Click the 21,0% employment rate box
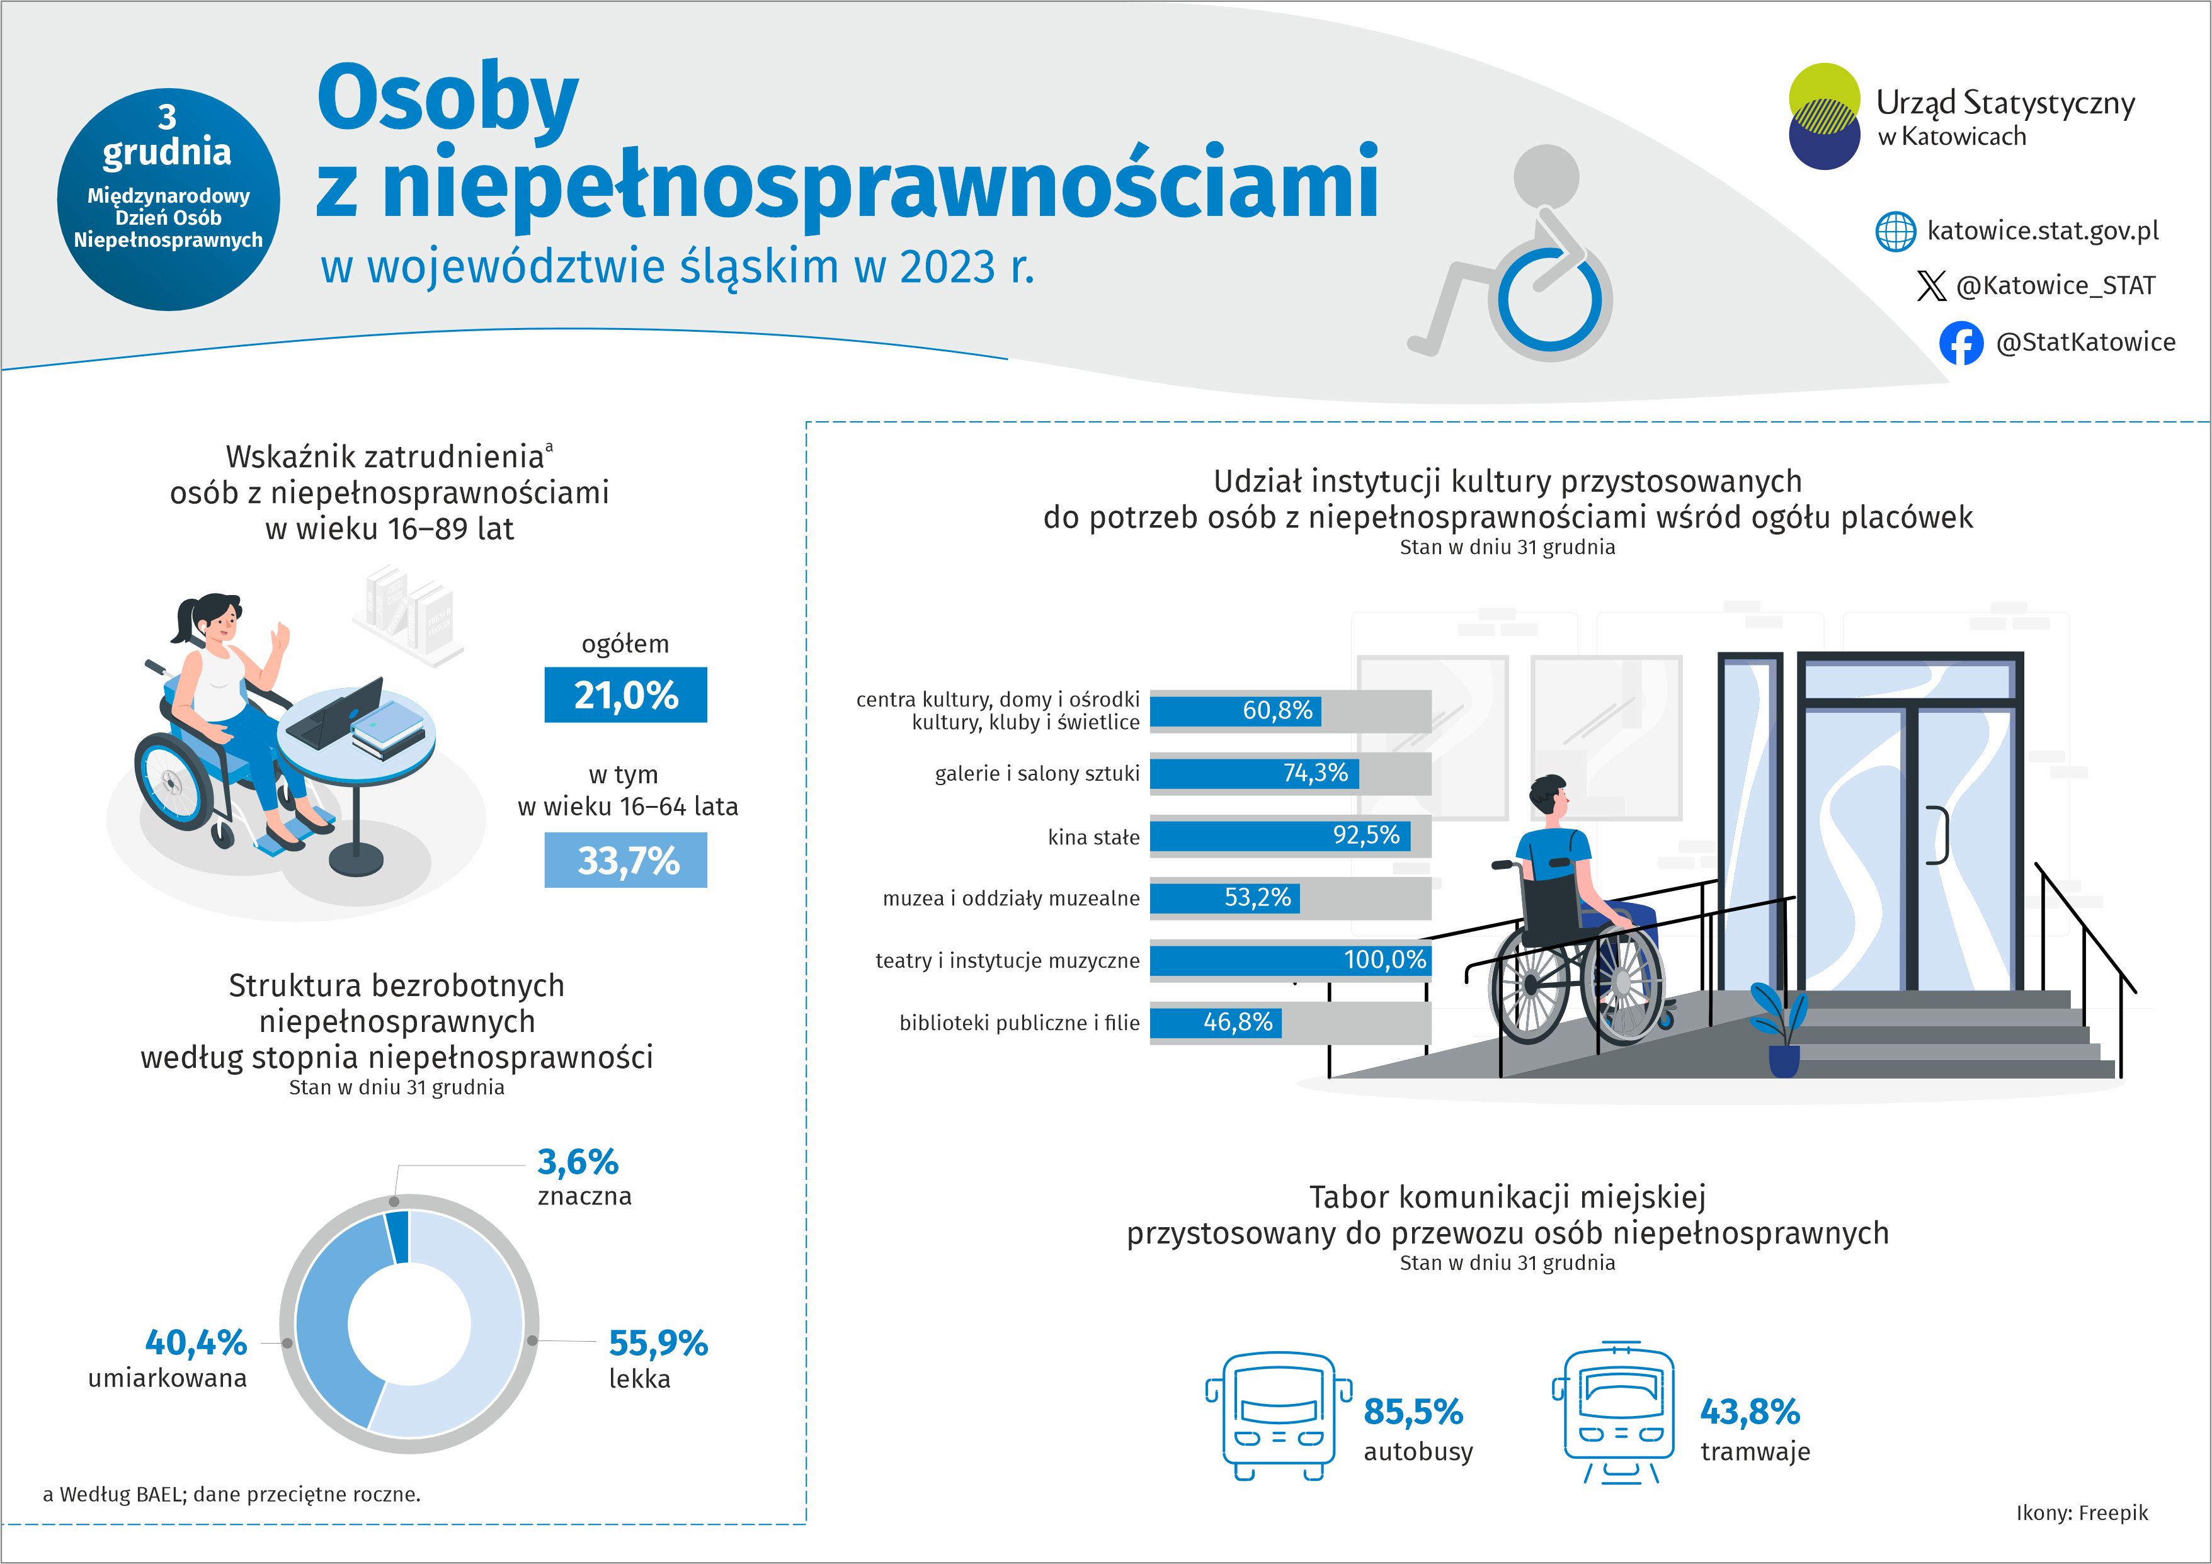click(625, 694)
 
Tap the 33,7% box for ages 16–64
click(625, 860)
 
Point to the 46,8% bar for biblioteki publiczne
click(1216, 1022)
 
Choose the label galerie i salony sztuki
click(1037, 773)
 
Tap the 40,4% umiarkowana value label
click(196, 1342)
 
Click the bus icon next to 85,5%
click(1279, 1415)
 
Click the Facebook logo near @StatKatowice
click(1961, 343)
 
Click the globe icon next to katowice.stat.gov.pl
click(1895, 232)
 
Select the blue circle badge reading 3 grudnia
click(169, 200)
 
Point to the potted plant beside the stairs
click(1782, 1031)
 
